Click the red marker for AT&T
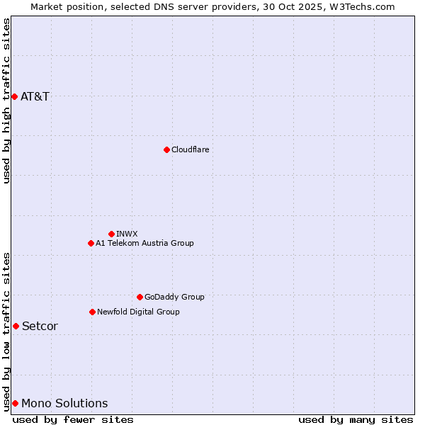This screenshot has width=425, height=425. pos(14,96)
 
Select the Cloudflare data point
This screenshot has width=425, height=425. pos(166,149)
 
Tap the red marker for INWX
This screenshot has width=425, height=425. pos(111,234)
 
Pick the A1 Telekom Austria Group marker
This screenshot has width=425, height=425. pos(91,243)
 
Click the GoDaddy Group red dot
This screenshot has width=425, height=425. pos(140,297)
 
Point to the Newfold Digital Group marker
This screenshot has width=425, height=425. pos(92,312)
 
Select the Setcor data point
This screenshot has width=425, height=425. pos(16,326)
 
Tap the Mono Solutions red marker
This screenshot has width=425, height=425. pos(15,403)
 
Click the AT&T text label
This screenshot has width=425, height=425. pos(35,96)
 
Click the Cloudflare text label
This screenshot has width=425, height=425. pos(191,149)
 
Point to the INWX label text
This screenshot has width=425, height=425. pos(127,234)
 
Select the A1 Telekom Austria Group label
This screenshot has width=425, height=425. pos(144,243)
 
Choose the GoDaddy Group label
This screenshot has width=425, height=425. pos(174,297)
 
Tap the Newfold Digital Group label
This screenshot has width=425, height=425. pos(138,312)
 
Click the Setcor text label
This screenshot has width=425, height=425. pos(40,326)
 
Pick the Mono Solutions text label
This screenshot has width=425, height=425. pos(64,403)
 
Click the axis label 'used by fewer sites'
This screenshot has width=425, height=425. pos(73,419)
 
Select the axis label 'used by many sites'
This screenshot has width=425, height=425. pos(356,419)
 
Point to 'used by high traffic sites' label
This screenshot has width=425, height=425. pos(7,101)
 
